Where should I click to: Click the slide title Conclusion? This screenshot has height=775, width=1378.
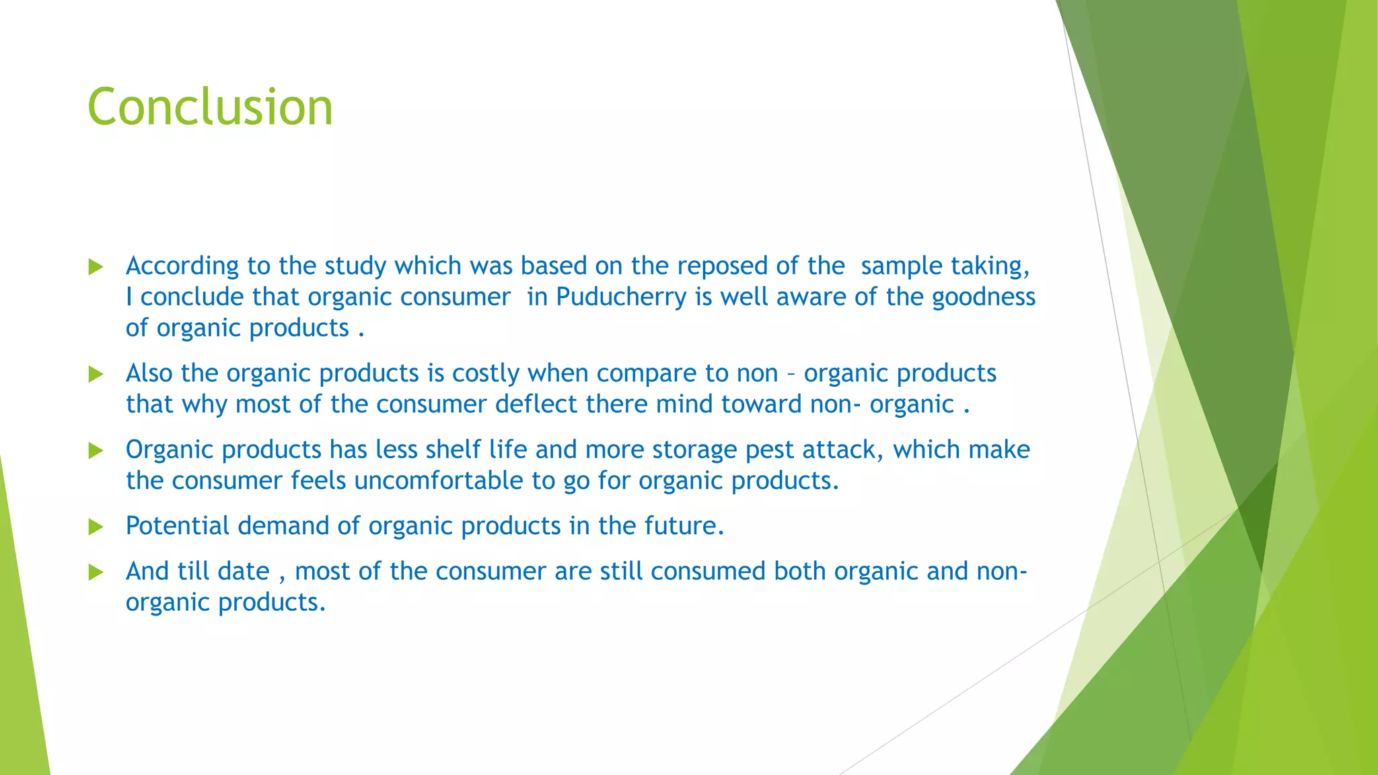tap(210, 107)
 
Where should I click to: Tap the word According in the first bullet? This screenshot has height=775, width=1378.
tap(182, 266)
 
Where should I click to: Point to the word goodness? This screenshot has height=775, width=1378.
tap(983, 297)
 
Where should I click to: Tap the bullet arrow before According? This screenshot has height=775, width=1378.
tap(96, 267)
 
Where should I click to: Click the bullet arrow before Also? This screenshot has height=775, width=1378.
tap(96, 374)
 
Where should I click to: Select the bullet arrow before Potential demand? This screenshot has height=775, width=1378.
tap(96, 527)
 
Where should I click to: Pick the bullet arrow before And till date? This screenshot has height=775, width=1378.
tap(96, 573)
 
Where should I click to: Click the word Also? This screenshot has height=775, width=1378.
tap(149, 373)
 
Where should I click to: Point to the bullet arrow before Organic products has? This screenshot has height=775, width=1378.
tap(96, 450)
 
